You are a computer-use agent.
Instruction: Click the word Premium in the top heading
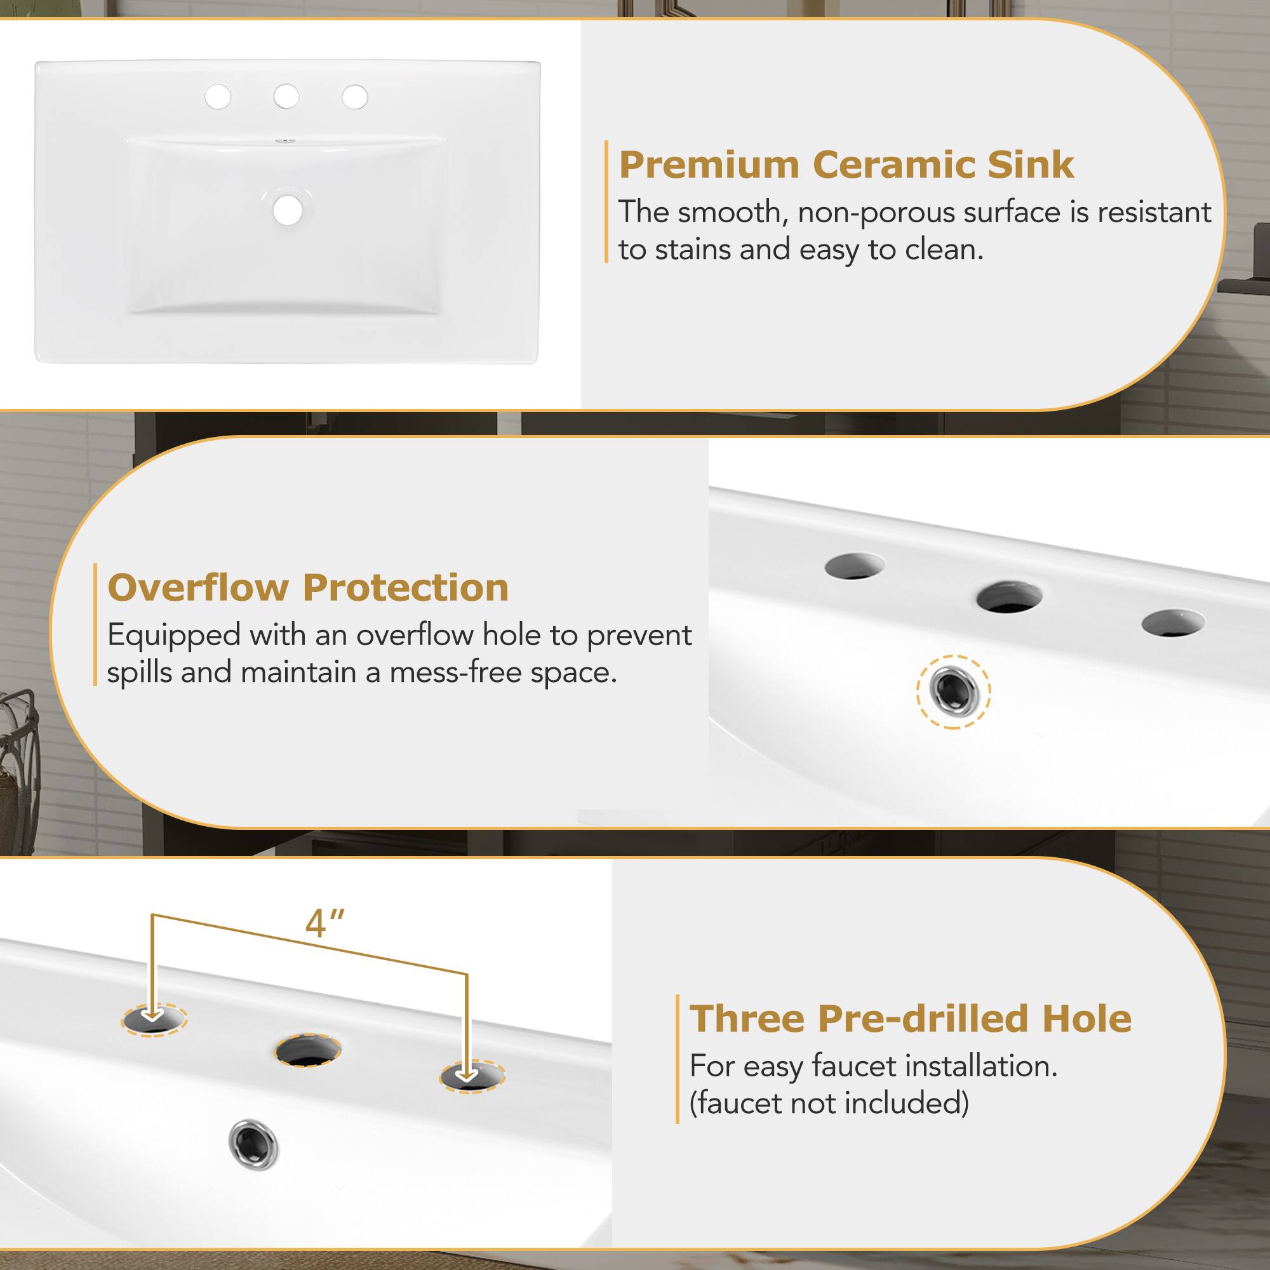(x=709, y=164)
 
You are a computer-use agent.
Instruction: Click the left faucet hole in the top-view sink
(x=218, y=97)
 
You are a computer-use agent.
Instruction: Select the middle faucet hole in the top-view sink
(x=286, y=97)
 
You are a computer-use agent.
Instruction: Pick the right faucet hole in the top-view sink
(x=355, y=97)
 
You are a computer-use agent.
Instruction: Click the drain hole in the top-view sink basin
(x=288, y=210)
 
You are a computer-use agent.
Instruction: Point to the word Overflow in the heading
(x=197, y=587)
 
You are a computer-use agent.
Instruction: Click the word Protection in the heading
(x=406, y=587)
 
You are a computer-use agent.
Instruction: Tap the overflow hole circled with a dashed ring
(x=953, y=692)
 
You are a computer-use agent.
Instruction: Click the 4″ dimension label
(x=324, y=923)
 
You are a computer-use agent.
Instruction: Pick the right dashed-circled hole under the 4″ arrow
(x=471, y=1076)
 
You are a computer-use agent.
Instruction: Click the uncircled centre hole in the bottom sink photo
(x=307, y=1050)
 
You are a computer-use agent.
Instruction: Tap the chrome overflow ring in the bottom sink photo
(x=253, y=1144)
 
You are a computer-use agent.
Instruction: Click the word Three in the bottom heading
(x=747, y=1019)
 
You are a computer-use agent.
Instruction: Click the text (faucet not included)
(x=829, y=1103)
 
